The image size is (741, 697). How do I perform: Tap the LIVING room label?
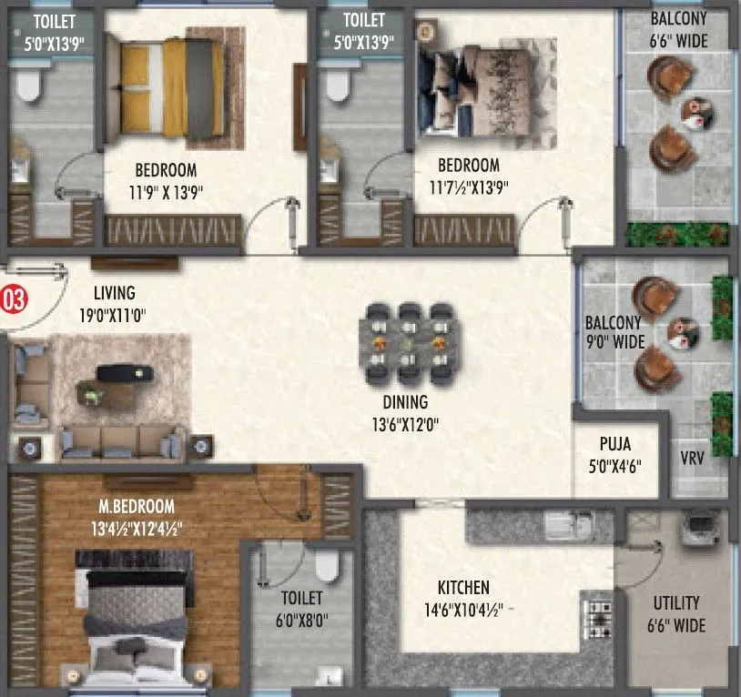click(114, 293)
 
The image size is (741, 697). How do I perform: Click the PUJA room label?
click(615, 446)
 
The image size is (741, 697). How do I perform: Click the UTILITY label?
click(676, 602)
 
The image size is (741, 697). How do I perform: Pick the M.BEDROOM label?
click(139, 506)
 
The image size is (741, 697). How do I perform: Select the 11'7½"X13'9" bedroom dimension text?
click(468, 188)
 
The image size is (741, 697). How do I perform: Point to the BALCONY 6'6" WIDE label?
click(679, 29)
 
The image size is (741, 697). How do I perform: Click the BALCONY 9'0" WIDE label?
click(614, 332)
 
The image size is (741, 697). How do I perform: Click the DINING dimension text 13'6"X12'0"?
click(405, 422)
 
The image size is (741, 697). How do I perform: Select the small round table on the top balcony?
click(695, 110)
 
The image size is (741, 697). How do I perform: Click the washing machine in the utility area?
click(701, 525)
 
